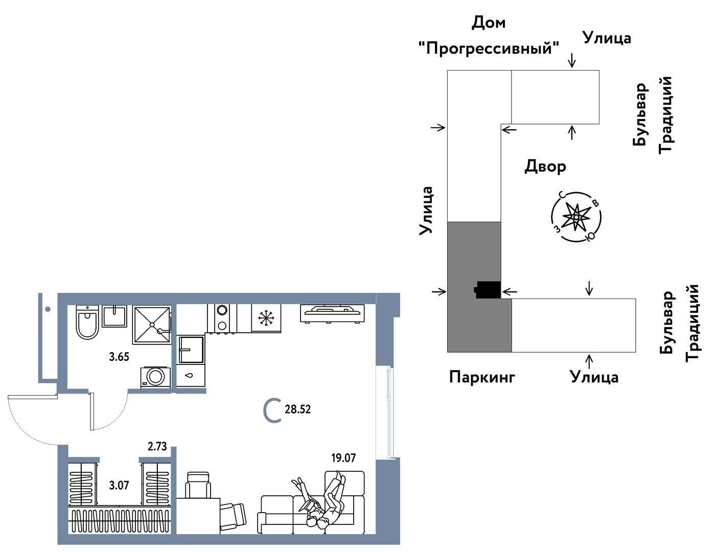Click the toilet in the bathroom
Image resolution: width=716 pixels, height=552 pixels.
[x=87, y=323]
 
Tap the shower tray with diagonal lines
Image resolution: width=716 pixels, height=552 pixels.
[x=152, y=325]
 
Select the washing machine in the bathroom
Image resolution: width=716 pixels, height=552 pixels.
[x=155, y=377]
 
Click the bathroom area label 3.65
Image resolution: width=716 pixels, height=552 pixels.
[x=119, y=357]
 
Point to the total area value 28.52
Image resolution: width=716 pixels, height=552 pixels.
[x=297, y=409]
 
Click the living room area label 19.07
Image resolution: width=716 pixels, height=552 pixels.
[x=343, y=458]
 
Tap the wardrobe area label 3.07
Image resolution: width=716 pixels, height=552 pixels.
[x=119, y=485]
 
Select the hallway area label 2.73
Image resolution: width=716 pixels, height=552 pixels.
[x=157, y=446]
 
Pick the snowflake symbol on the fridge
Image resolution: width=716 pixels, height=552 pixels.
[x=266, y=318]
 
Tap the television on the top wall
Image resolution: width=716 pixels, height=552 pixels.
[x=332, y=313]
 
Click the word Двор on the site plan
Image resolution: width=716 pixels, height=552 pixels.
[x=545, y=167]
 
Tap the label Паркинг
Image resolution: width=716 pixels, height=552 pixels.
[x=482, y=377]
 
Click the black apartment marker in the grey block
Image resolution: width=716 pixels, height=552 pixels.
[x=488, y=290]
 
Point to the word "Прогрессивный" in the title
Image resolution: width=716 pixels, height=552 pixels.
[x=489, y=49]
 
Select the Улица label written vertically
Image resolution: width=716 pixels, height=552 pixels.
[x=426, y=211]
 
